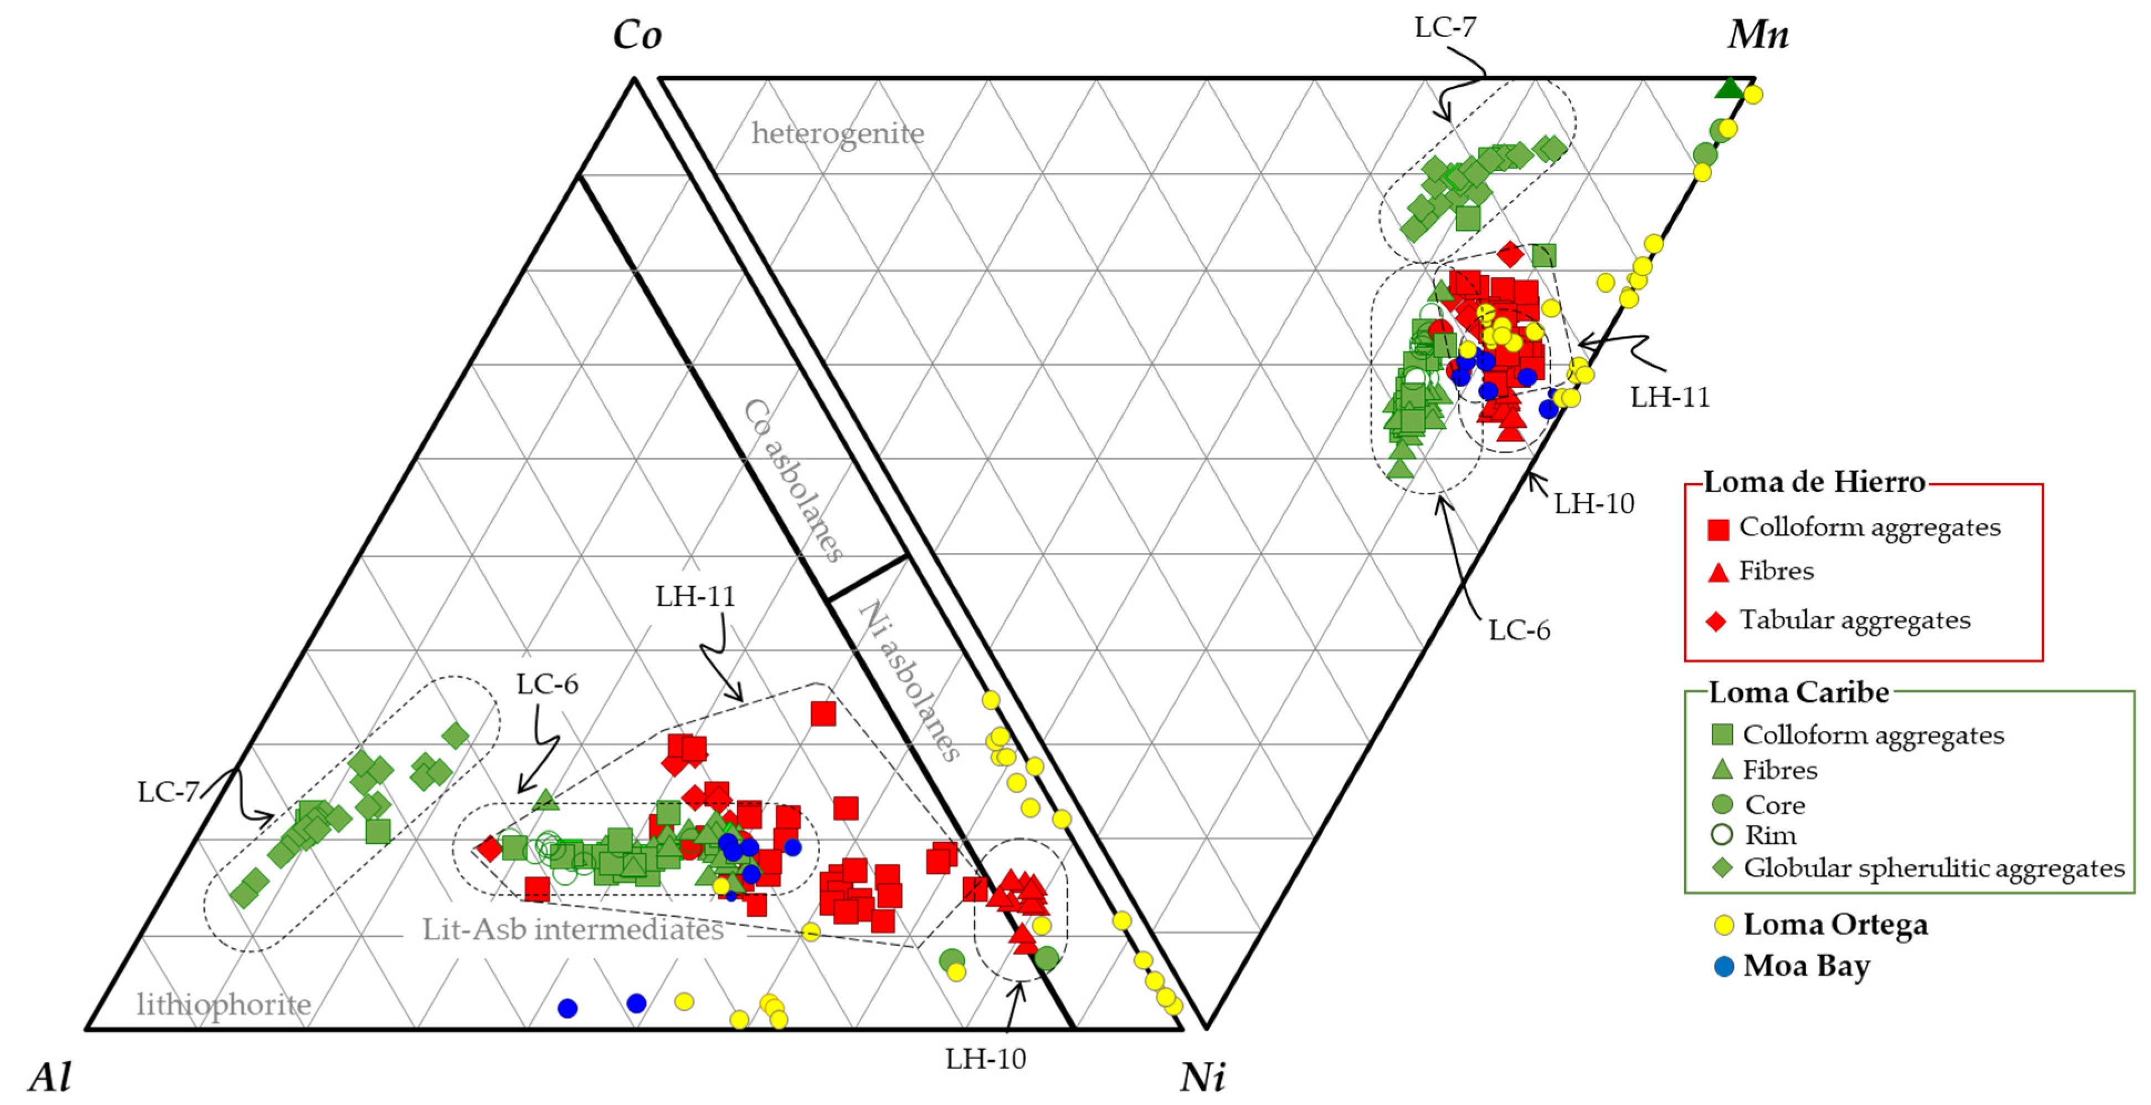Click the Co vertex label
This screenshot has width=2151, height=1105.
(x=637, y=35)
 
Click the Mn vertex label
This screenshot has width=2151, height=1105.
(x=1758, y=35)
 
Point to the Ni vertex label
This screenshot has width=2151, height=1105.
(x=1202, y=1077)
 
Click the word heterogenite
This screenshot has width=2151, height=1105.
(x=837, y=133)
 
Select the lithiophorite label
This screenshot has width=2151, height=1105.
(x=224, y=1003)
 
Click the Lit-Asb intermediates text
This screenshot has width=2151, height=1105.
(x=573, y=929)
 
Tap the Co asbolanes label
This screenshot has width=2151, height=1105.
(x=793, y=479)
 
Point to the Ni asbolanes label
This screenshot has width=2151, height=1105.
(x=908, y=680)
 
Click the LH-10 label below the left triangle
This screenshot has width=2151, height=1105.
(x=985, y=1059)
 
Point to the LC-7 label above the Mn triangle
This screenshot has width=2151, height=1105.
(x=1444, y=28)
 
